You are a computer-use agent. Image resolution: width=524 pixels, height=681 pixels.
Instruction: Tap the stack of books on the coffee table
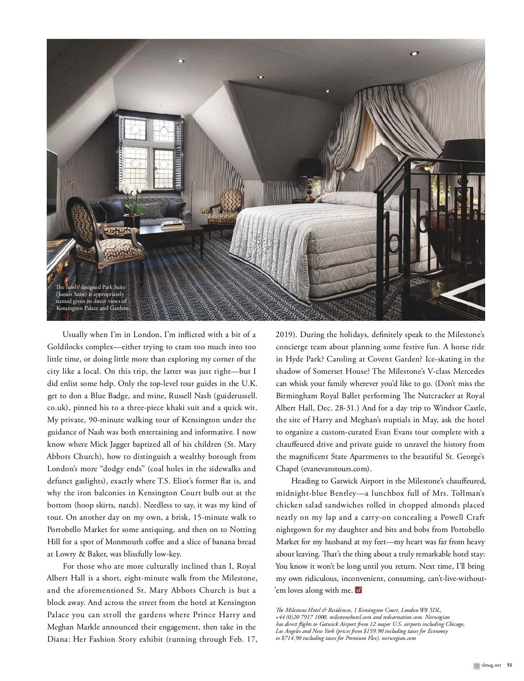pyautogui.click(x=169, y=225)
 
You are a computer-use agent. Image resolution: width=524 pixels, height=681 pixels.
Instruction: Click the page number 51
pyautogui.click(x=510, y=665)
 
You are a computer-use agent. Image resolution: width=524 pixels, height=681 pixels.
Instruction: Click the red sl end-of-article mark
pyautogui.click(x=359, y=590)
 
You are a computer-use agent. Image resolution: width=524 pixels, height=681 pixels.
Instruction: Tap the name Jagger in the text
pyautogui.click(x=127, y=445)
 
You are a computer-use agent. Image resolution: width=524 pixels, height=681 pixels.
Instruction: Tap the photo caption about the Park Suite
pyautogui.click(x=92, y=298)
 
